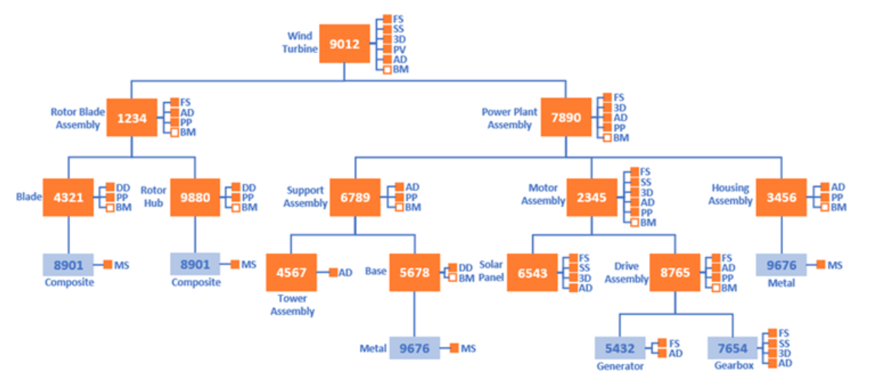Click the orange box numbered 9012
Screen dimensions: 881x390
pos(345,43)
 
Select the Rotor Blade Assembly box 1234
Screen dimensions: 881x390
pos(132,117)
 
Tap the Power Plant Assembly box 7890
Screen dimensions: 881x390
pos(566,117)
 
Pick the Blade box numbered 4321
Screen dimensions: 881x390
pos(68,197)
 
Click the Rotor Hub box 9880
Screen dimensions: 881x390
pos(195,197)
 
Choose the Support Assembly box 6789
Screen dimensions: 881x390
pos(355,197)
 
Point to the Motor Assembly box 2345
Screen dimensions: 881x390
pos(592,197)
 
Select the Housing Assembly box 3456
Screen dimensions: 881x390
pos(782,197)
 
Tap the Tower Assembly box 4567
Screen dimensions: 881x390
pos(291,273)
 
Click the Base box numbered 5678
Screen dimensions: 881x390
pos(415,273)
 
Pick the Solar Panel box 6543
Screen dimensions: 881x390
pos(532,273)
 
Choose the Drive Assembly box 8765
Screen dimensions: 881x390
pos(675,273)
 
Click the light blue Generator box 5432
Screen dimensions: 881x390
pos(620,348)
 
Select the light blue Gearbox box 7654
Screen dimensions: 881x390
pos(733,348)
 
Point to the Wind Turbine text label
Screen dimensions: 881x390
pos(300,43)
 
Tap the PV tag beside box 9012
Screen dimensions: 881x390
pos(400,50)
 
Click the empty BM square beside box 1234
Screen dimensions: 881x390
pos(175,133)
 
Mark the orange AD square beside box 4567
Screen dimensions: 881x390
pos(333,273)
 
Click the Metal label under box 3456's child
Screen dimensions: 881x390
pos(782,283)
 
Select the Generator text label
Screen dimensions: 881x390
pos(620,367)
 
